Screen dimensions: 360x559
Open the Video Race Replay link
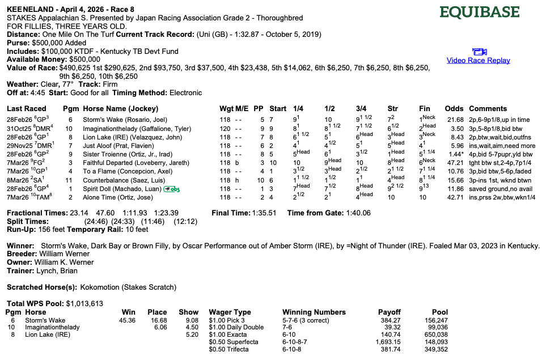point(478,61)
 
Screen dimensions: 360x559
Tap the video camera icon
point(478,52)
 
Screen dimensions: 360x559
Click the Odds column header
point(454,108)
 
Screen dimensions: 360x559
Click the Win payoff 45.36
point(127,320)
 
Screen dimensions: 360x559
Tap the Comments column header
point(488,108)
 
